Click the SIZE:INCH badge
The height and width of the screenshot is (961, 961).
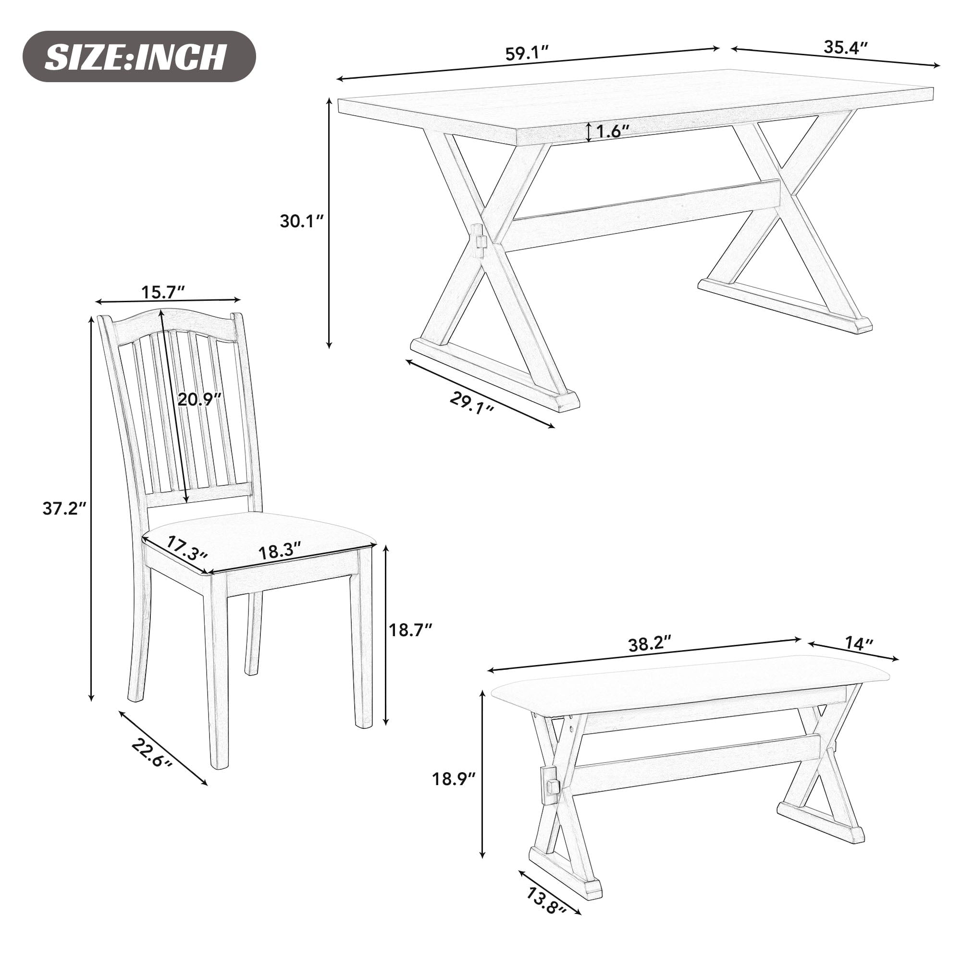click(139, 57)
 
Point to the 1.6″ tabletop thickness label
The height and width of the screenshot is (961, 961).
click(613, 131)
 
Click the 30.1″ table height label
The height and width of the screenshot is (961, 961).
click(301, 222)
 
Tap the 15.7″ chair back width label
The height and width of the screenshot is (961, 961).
click(163, 293)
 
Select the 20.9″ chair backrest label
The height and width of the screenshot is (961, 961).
click(199, 399)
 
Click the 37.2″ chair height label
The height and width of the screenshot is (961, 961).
click(64, 508)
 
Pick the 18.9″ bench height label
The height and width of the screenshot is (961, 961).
click(454, 778)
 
